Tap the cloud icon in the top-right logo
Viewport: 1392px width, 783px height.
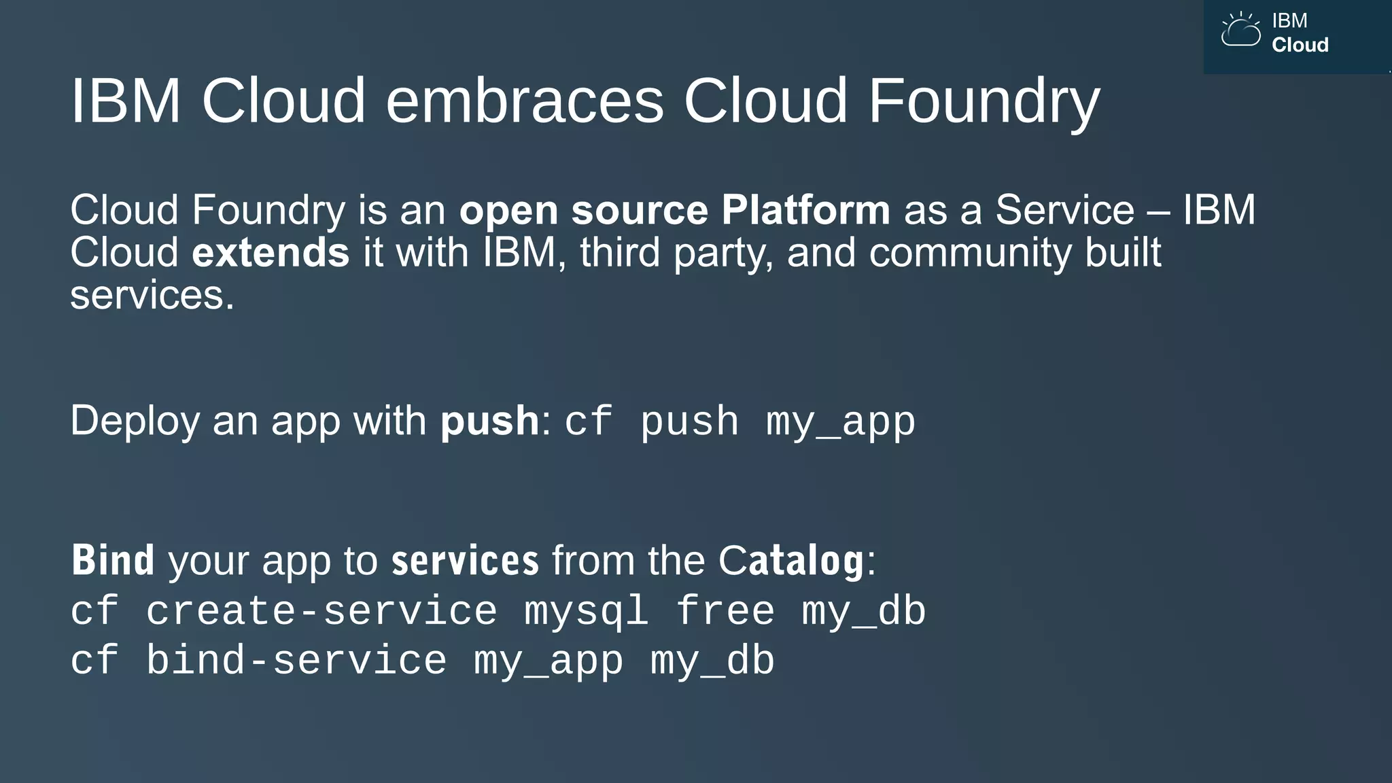tap(1240, 31)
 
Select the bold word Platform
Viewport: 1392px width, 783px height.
tap(805, 209)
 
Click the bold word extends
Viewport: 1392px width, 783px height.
tap(271, 252)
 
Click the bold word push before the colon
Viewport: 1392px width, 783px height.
tap(489, 421)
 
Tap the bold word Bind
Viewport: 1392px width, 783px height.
tap(113, 561)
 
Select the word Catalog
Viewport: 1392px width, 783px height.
tap(791, 561)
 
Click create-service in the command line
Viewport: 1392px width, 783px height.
tap(321, 610)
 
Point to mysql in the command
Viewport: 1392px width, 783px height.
tap(585, 612)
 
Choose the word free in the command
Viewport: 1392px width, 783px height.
tap(725, 610)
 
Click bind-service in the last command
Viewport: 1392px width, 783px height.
tap(296, 660)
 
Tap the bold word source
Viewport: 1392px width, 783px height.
tap(640, 209)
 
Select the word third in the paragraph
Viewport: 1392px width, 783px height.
tap(620, 252)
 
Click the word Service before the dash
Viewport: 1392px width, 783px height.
tap(1064, 209)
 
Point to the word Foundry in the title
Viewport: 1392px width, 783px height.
tap(984, 102)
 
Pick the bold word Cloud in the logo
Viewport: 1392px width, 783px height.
tap(1300, 45)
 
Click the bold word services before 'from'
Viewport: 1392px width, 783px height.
tap(465, 561)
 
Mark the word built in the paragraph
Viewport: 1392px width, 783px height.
tap(1123, 252)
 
